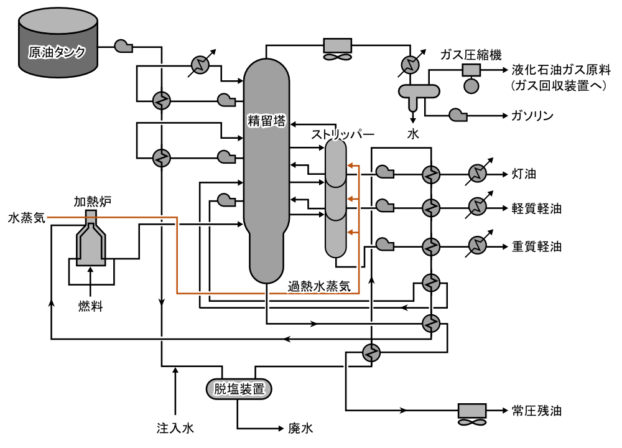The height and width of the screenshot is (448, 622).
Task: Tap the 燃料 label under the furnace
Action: click(x=90, y=306)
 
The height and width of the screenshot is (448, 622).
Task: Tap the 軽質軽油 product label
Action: click(x=537, y=208)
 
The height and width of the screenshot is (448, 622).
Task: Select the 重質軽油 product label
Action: click(x=537, y=246)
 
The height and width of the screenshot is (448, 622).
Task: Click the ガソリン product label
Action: click(x=532, y=116)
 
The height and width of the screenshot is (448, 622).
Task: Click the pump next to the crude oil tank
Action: click(x=123, y=45)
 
